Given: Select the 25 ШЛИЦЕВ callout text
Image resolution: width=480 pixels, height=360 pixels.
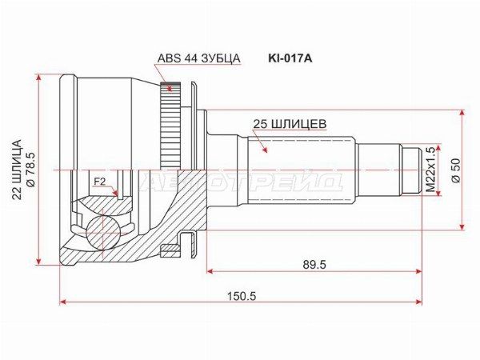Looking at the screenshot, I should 289,123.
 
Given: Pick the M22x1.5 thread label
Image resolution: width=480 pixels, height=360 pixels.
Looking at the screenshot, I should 430,170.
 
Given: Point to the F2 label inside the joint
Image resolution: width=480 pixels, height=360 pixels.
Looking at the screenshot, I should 100,182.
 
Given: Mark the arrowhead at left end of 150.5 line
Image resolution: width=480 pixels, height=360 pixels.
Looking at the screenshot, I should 63,303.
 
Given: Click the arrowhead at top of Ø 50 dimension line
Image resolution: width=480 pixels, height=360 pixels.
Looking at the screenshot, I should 462,114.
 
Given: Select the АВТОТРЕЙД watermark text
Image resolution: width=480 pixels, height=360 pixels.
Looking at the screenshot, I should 240,182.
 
